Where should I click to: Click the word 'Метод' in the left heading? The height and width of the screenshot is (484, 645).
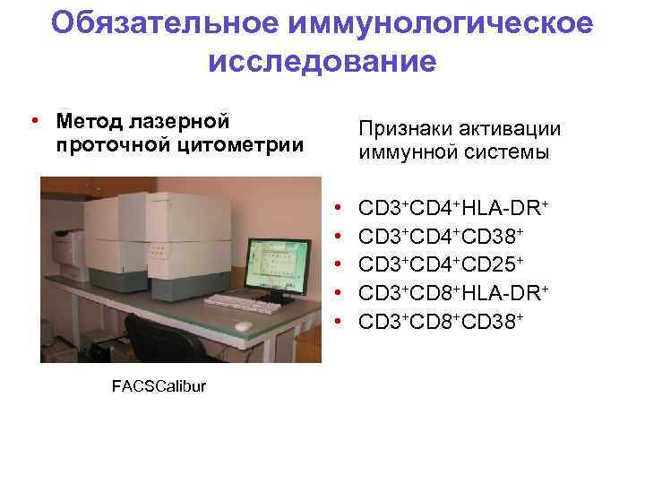pos(89,120)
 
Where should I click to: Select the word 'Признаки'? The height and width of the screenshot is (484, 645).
pos(401,130)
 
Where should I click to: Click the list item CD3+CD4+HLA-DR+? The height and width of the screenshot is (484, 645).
pos(453,209)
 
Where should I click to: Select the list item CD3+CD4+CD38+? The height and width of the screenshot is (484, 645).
pos(441,237)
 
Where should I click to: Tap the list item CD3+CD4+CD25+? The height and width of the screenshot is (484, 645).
pos(441,264)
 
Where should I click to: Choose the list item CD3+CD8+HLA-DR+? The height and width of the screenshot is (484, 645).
pos(453,292)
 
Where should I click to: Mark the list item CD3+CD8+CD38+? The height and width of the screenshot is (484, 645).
pos(441,320)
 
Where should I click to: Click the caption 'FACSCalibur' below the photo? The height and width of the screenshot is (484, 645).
pos(159,385)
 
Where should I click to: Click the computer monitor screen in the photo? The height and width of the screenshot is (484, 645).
pos(277,264)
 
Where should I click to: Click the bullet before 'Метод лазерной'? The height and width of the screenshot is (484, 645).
pos(33,121)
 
